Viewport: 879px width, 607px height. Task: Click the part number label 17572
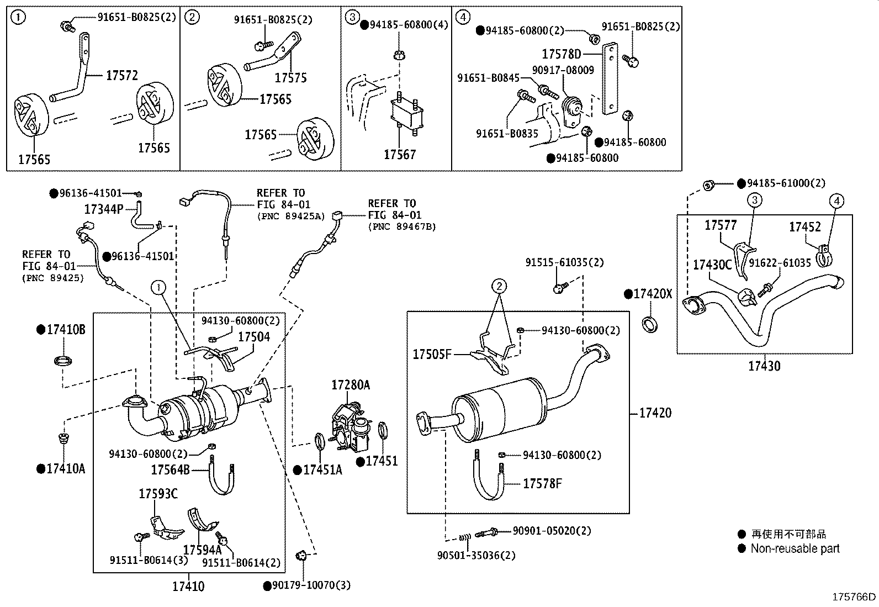[x=121, y=75]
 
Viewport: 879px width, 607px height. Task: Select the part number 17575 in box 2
[x=290, y=78]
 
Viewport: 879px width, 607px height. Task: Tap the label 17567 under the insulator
[x=399, y=155]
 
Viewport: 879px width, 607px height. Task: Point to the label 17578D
[x=562, y=54]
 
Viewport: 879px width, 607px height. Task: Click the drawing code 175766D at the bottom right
[x=854, y=597]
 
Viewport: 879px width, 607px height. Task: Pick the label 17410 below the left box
[x=188, y=586]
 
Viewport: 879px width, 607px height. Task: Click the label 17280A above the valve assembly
[x=351, y=385]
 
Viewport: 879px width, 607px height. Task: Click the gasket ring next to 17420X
[x=651, y=324]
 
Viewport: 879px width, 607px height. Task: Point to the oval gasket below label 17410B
[x=63, y=362]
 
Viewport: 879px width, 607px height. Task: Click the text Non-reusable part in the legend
[x=795, y=548]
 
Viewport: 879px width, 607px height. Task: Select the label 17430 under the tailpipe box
[x=764, y=366]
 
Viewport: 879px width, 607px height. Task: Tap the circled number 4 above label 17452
[x=836, y=201]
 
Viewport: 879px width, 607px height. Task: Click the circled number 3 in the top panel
[x=352, y=17]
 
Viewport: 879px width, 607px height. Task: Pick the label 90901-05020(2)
[x=552, y=531]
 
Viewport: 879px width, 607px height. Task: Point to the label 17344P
[x=103, y=209]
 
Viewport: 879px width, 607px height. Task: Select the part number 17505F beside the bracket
[x=432, y=354]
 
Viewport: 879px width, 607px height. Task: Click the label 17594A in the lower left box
[x=202, y=550]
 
